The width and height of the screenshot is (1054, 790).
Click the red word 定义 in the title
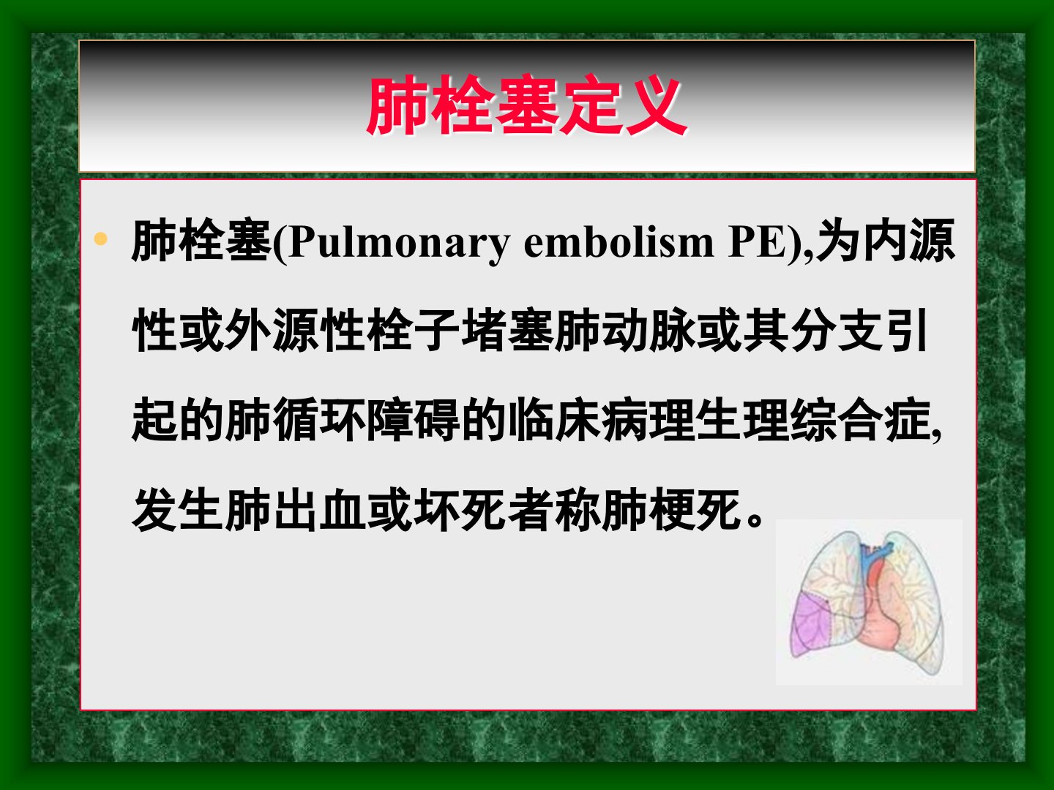pos(623,105)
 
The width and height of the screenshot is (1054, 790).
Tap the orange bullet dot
pos(101,238)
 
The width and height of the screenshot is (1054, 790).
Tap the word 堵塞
pos(507,331)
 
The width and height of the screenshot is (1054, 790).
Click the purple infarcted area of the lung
pos(812,623)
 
